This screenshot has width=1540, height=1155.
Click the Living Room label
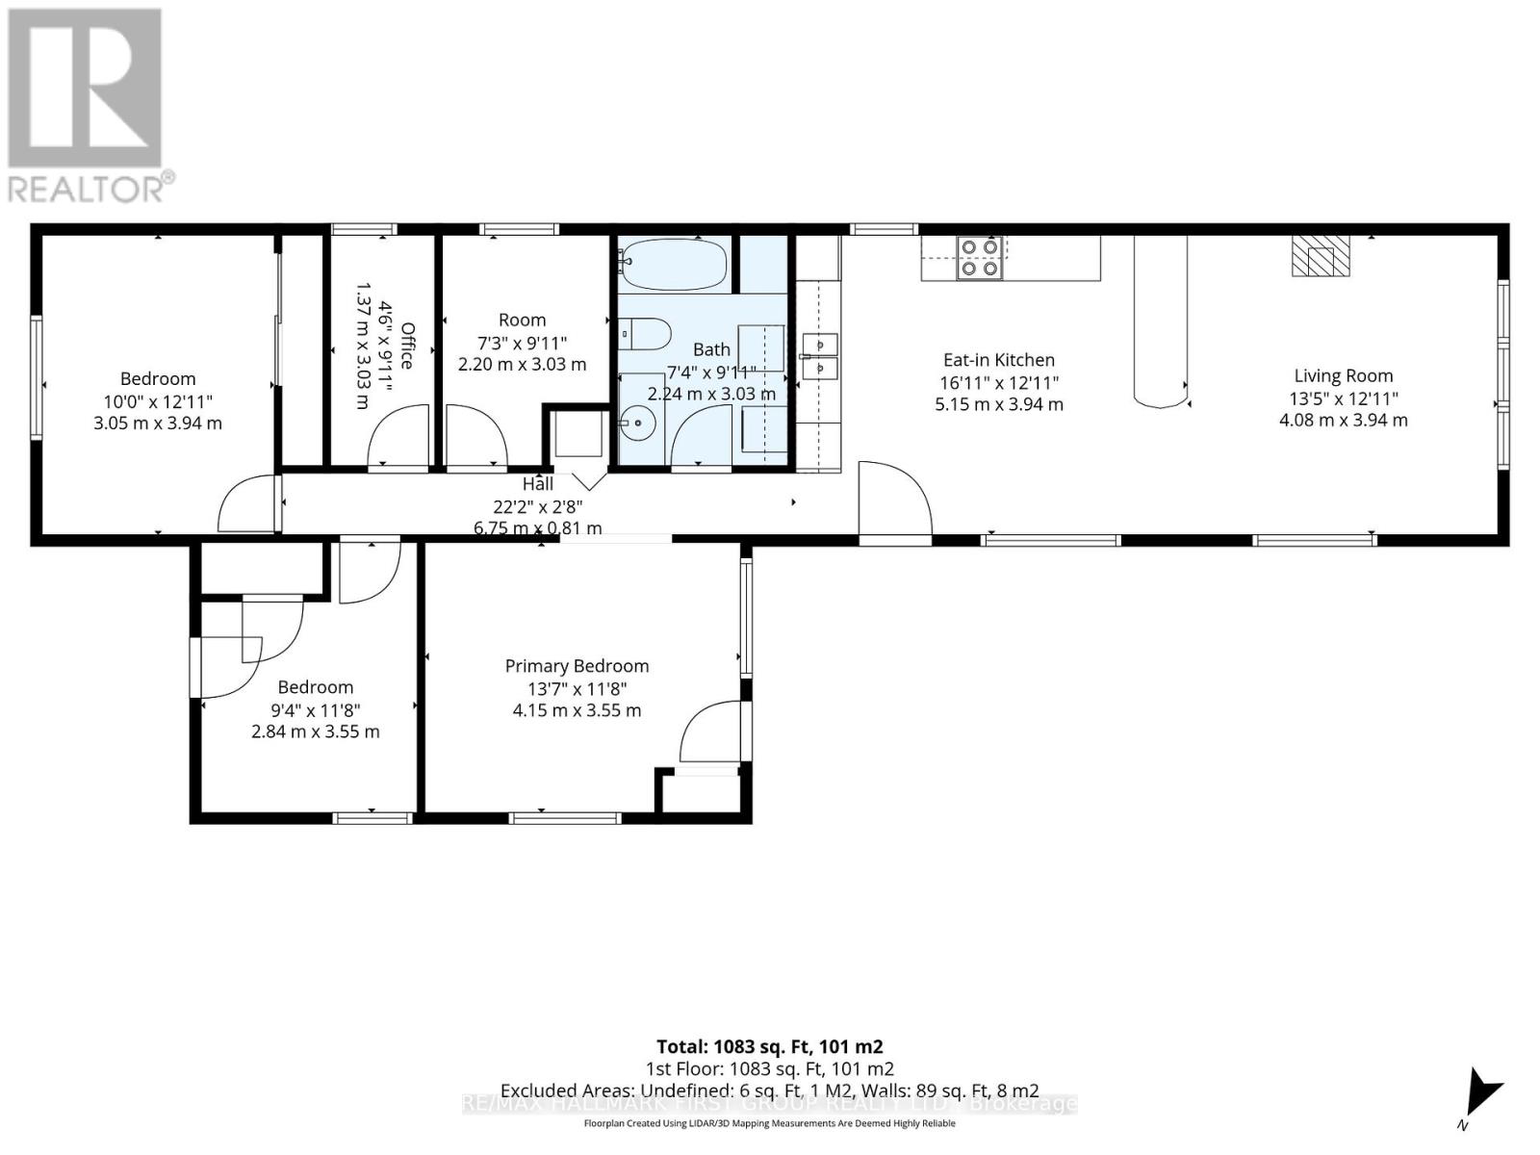coord(1343,376)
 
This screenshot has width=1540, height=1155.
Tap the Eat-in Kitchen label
coord(998,360)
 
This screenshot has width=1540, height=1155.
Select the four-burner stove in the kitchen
coord(980,258)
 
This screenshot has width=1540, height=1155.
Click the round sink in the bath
coord(636,421)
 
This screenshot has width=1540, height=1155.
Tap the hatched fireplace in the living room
coord(1320,256)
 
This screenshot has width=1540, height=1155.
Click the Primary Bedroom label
coord(577,666)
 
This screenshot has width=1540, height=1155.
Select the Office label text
coord(406,346)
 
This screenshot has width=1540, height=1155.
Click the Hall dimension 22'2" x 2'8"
coord(538,506)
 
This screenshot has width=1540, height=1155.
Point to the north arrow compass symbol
coord(1478,1097)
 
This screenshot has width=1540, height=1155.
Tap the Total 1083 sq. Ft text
coord(769,1046)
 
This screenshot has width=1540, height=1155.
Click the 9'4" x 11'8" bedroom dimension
coord(316,709)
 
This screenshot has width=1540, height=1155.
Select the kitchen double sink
coord(818,355)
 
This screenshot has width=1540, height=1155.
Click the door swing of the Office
coord(399,438)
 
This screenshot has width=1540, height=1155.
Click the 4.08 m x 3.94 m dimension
coord(1343,421)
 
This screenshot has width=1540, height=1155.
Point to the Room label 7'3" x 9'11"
coord(522,343)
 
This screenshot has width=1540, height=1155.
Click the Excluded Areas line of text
coord(769,1091)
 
